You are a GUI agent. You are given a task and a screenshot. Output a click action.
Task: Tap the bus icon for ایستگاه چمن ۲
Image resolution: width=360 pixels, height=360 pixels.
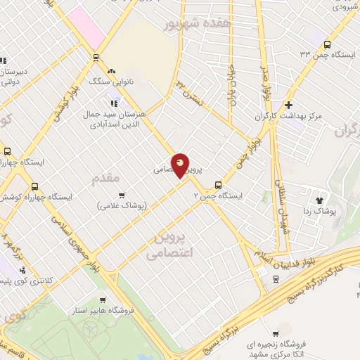tap(218, 186)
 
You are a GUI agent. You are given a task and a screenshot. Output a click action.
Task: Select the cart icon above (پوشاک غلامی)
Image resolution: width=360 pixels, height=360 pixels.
tap(122, 195)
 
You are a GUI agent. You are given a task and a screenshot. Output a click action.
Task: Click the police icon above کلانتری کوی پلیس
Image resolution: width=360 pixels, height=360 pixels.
tap(22, 269)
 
